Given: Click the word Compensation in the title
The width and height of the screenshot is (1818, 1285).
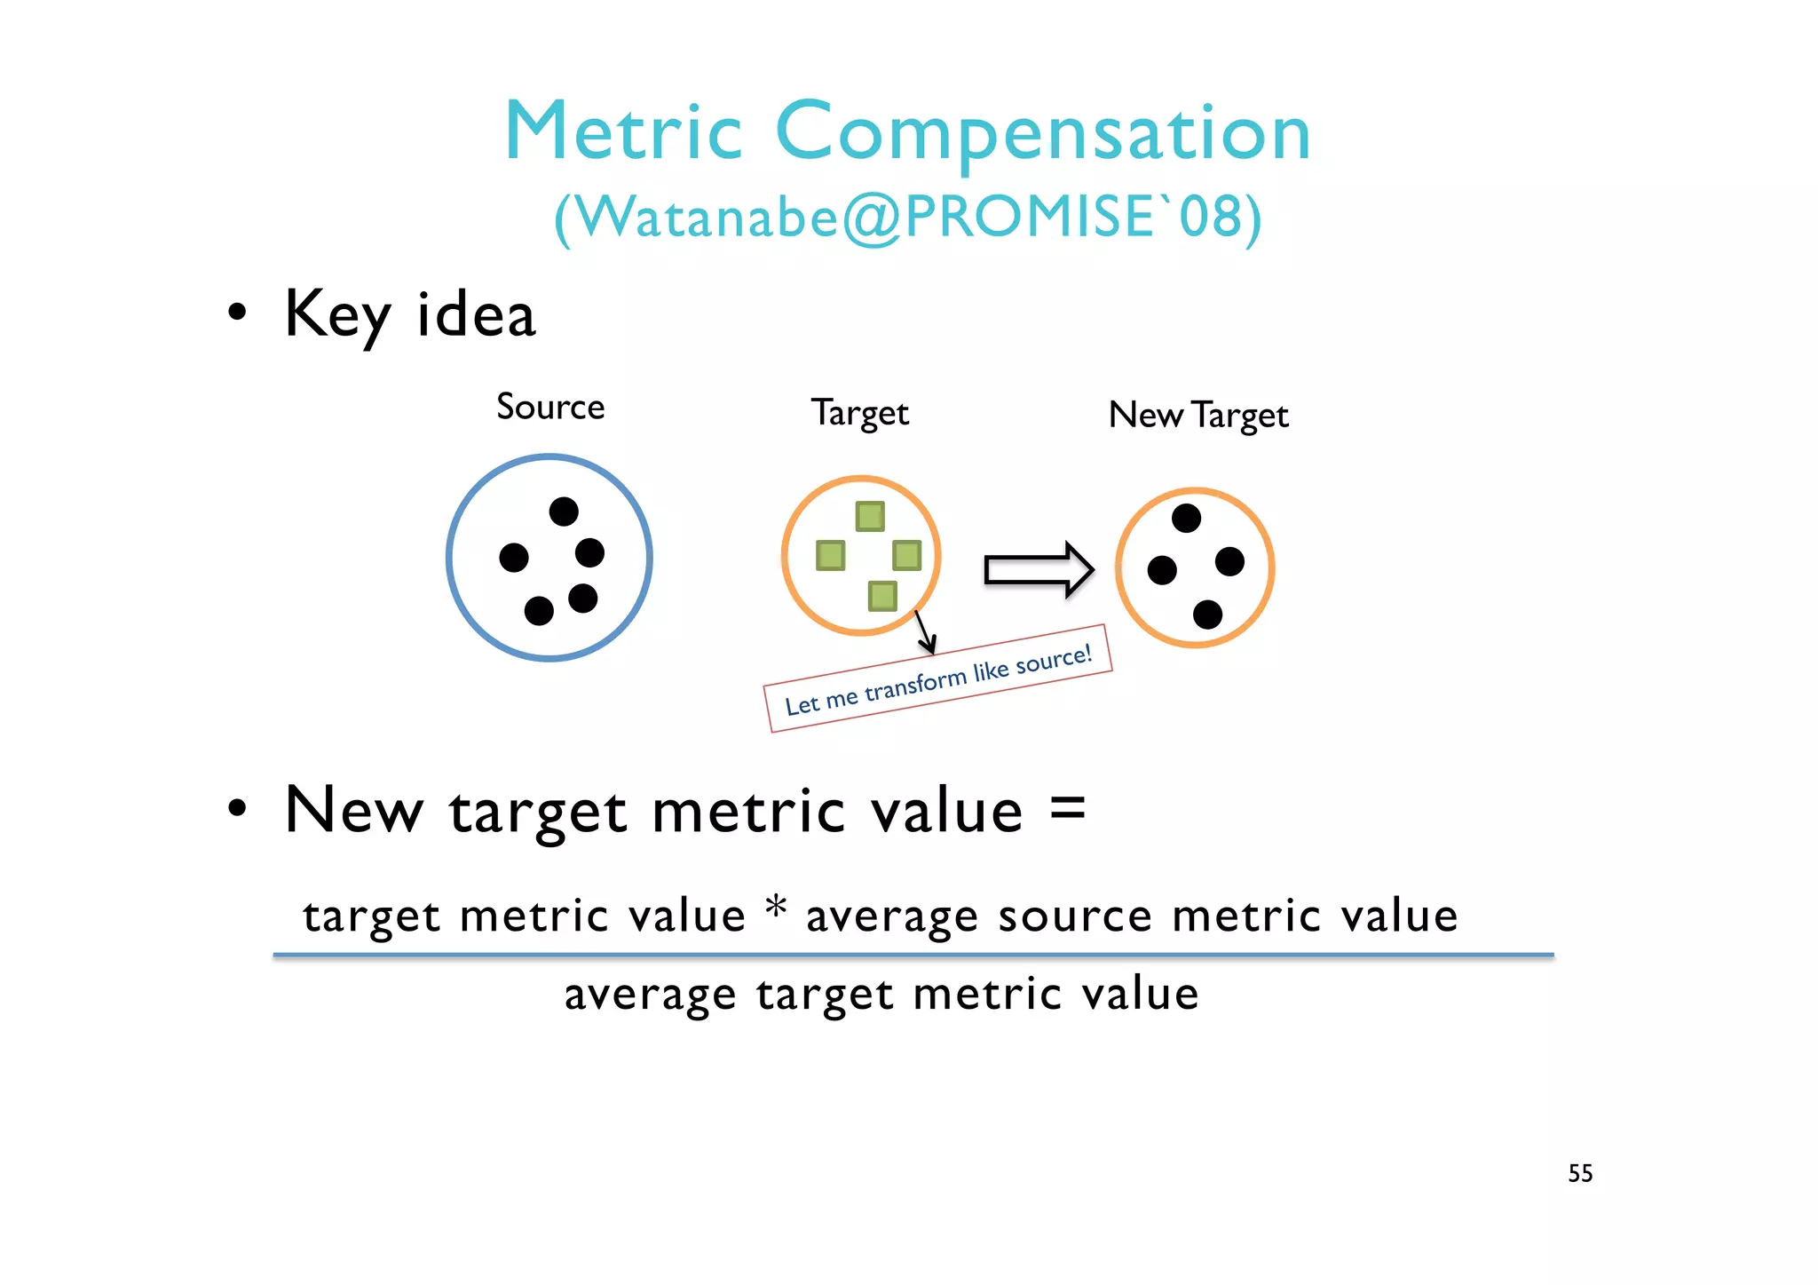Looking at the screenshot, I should [x=1043, y=133].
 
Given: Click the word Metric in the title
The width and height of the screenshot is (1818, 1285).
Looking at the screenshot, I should [x=623, y=133].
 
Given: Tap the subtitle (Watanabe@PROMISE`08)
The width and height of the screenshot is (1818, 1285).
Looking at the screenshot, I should [x=907, y=217].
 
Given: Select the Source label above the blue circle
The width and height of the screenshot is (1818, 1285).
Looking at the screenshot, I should [x=550, y=407].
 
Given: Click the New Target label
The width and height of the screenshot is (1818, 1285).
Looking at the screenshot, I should [x=1198, y=415].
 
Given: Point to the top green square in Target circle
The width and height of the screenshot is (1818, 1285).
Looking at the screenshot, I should [x=870, y=516].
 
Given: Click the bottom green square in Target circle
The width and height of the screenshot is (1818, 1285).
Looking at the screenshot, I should [x=882, y=596].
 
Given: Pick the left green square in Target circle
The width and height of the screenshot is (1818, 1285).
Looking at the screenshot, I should [x=831, y=556].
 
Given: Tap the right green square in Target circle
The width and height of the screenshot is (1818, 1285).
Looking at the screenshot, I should [x=907, y=556].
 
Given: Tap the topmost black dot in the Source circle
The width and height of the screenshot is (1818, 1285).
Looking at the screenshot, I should [x=564, y=512].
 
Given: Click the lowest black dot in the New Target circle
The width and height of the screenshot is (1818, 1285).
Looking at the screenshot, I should [x=1207, y=615].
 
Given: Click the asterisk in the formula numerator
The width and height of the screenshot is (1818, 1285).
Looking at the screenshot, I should [x=776, y=908].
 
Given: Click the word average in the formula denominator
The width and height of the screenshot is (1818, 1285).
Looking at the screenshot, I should [x=650, y=995].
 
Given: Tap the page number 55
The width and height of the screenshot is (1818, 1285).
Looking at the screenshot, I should [x=1580, y=1173].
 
